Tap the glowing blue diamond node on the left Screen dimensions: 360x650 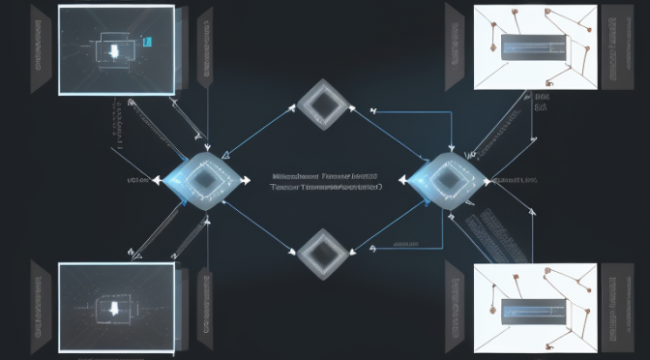pyautogui.click(x=203, y=179)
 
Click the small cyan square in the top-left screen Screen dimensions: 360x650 pyautogui.click(x=147, y=42)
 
